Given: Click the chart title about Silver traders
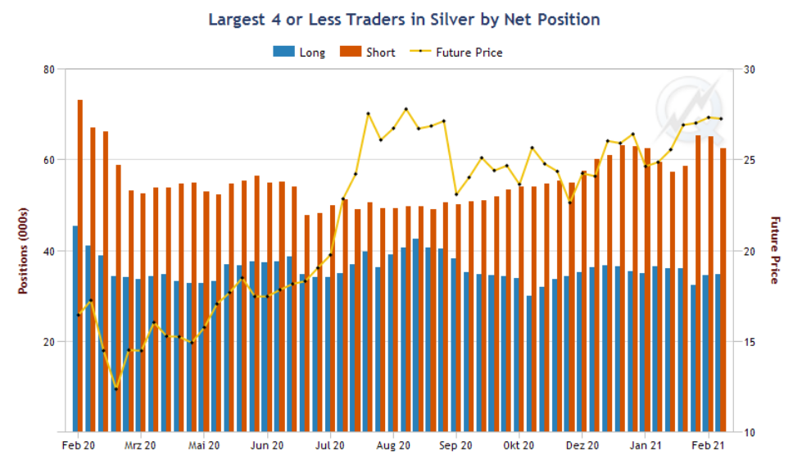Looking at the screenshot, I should coord(404,19).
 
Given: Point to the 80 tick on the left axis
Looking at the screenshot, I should coord(48,69).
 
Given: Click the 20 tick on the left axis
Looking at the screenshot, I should coord(48,341).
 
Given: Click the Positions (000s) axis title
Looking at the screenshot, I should coord(23,250).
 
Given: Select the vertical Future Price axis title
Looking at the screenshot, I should coord(774,250).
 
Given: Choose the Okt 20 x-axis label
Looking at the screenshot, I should coord(519,445).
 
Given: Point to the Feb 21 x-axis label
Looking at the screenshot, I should coord(709,445).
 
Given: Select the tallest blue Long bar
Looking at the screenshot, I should coord(75,328).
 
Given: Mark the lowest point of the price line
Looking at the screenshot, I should coord(116,389).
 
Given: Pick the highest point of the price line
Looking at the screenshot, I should coord(406,109).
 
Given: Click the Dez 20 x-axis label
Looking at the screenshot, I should coord(582,445).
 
